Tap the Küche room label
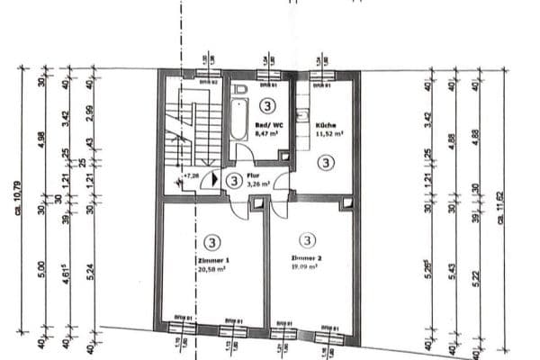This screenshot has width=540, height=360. click(325, 125)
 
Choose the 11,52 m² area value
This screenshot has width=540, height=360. click(327, 134)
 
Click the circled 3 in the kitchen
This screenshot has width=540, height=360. click(325, 162)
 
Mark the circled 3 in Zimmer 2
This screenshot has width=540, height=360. click(307, 240)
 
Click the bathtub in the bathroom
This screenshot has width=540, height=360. click(238, 119)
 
